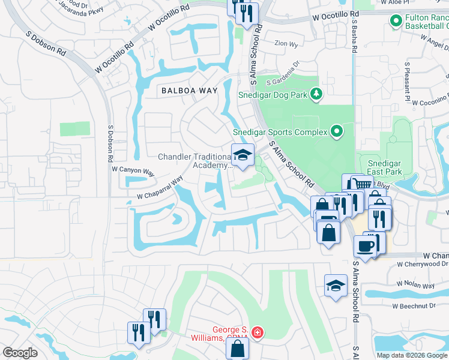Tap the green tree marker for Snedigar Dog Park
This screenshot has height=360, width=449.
click(x=316, y=94)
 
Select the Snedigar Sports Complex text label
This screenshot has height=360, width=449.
click(x=280, y=131)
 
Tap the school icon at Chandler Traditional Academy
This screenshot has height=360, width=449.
click(x=243, y=155)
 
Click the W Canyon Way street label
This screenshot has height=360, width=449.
click(x=133, y=170)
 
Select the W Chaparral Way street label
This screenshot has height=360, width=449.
click(x=160, y=188)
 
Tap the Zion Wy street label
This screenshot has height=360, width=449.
click(x=286, y=44)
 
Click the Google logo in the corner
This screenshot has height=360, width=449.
click(x=20, y=353)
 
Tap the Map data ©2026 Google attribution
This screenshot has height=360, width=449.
click(x=412, y=355)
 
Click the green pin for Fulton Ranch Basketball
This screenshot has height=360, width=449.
click(x=396, y=22)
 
